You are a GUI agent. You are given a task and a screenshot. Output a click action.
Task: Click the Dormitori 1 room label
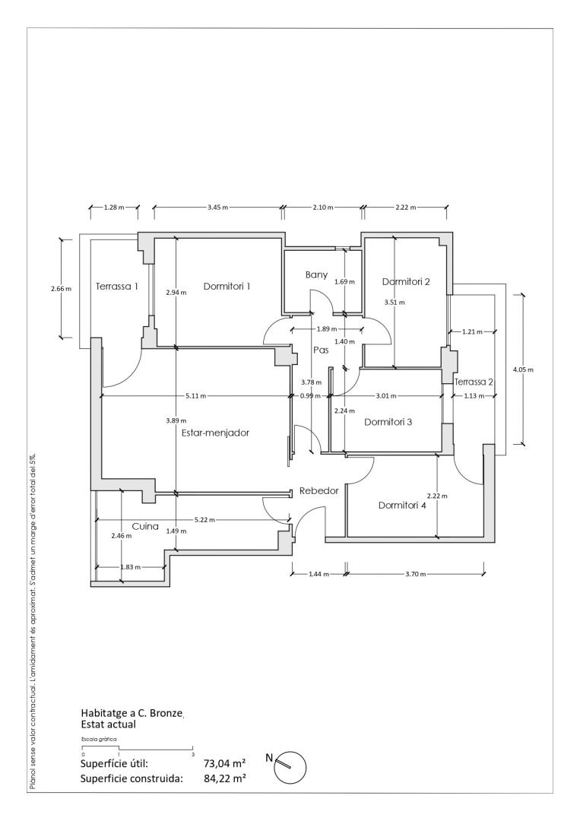pyautogui.click(x=227, y=287)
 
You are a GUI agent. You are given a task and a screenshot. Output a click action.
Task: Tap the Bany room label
pyautogui.click(x=316, y=275)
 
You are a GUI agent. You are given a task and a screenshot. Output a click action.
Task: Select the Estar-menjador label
pyautogui.click(x=215, y=433)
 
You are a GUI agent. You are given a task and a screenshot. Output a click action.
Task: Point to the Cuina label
pyautogui.click(x=145, y=526)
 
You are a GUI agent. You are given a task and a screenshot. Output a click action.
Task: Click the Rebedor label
pyautogui.click(x=319, y=491)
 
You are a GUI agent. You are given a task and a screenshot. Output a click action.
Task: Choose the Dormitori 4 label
pyautogui.click(x=402, y=506)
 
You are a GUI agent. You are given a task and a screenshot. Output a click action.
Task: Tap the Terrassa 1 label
pyautogui.click(x=117, y=287)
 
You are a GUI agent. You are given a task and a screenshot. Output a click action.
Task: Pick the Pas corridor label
pyautogui.click(x=321, y=350)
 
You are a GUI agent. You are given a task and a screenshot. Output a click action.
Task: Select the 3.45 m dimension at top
pyautogui.click(x=217, y=208)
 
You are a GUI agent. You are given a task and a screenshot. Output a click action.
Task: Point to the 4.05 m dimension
pyautogui.click(x=523, y=369)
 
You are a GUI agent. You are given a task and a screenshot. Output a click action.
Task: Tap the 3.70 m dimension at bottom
pyautogui.click(x=416, y=574)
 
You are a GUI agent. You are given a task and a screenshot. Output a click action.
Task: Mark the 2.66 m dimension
pyautogui.click(x=61, y=289)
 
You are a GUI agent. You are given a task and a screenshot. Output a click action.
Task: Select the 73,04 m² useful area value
pyautogui.click(x=225, y=763)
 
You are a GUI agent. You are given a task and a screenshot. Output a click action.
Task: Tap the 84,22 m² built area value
pyautogui.click(x=225, y=778)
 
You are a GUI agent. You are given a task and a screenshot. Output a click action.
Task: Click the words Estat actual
pyautogui.click(x=109, y=724)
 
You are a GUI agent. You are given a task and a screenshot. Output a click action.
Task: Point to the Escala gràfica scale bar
pyautogui.click(x=138, y=748)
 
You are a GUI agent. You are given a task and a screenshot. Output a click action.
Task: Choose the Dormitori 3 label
pyautogui.click(x=388, y=422)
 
